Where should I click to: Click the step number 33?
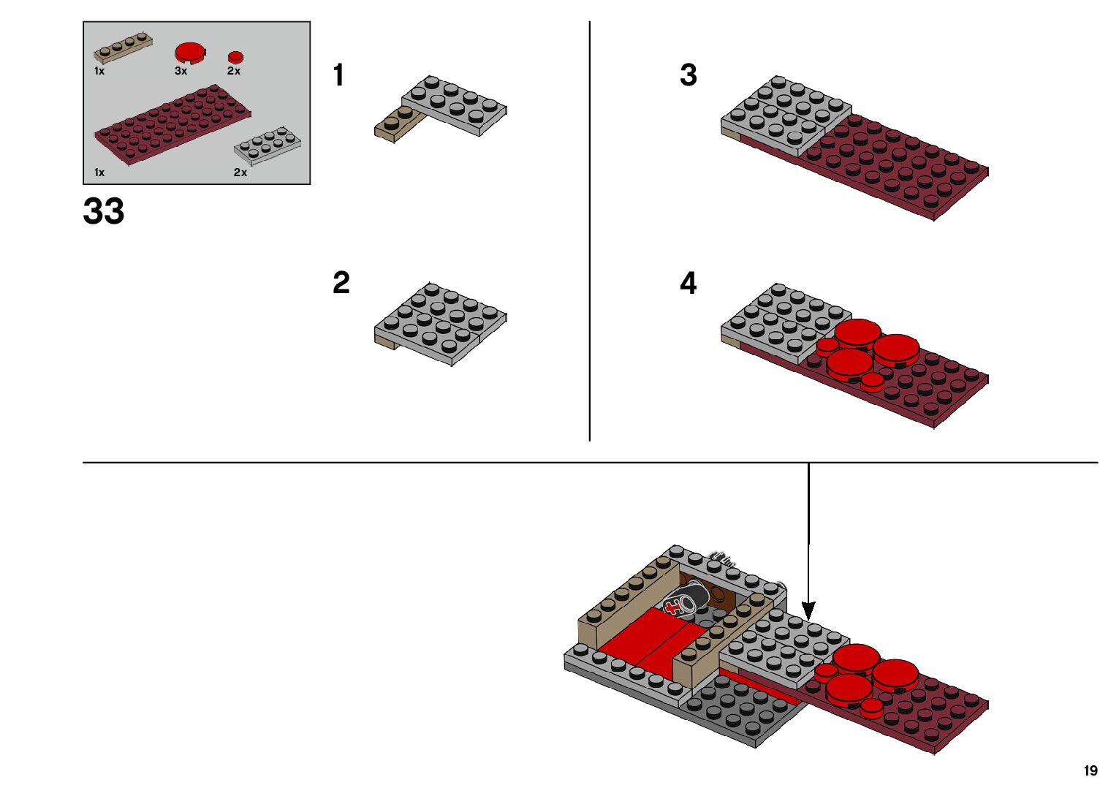point(104,211)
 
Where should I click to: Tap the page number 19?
point(1090,770)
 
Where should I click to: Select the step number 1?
point(338,75)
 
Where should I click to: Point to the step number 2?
point(341,284)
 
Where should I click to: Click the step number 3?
point(689,75)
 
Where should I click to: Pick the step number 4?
point(689,284)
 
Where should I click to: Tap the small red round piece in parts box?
point(235,57)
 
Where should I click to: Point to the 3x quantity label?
point(181,71)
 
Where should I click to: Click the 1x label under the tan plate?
point(99,71)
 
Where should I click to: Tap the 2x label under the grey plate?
point(240,173)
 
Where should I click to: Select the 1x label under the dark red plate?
point(99,173)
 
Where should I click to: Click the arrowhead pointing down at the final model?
point(808,610)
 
